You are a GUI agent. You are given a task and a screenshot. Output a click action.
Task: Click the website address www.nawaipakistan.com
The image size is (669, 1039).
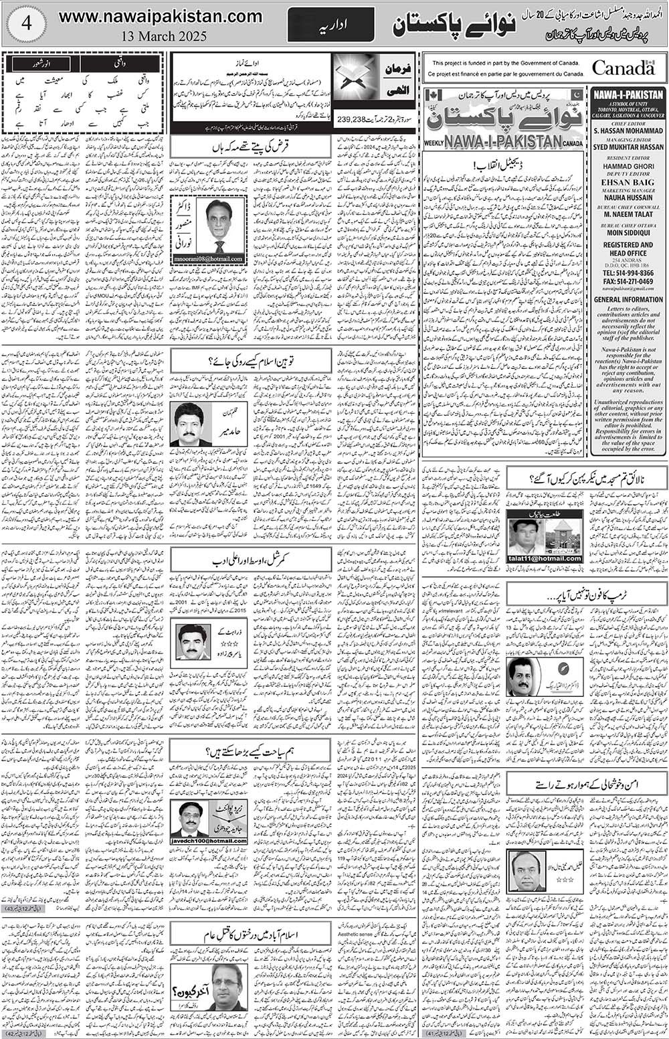coord(161,16)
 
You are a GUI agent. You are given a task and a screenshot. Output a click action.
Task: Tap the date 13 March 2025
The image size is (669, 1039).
coord(161,35)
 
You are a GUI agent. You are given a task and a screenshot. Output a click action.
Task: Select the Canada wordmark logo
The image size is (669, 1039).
coord(623,68)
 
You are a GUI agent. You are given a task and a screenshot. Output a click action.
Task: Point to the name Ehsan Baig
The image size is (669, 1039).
coord(628,181)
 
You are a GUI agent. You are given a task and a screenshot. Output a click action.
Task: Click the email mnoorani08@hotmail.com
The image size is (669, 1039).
coord(208,259)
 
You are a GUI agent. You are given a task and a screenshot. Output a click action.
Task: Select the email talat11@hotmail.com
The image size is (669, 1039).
coord(545,558)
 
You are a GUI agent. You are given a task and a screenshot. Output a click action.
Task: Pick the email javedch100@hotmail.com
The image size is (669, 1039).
coord(208,841)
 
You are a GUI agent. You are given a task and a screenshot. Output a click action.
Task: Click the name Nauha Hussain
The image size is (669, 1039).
coord(628,197)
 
